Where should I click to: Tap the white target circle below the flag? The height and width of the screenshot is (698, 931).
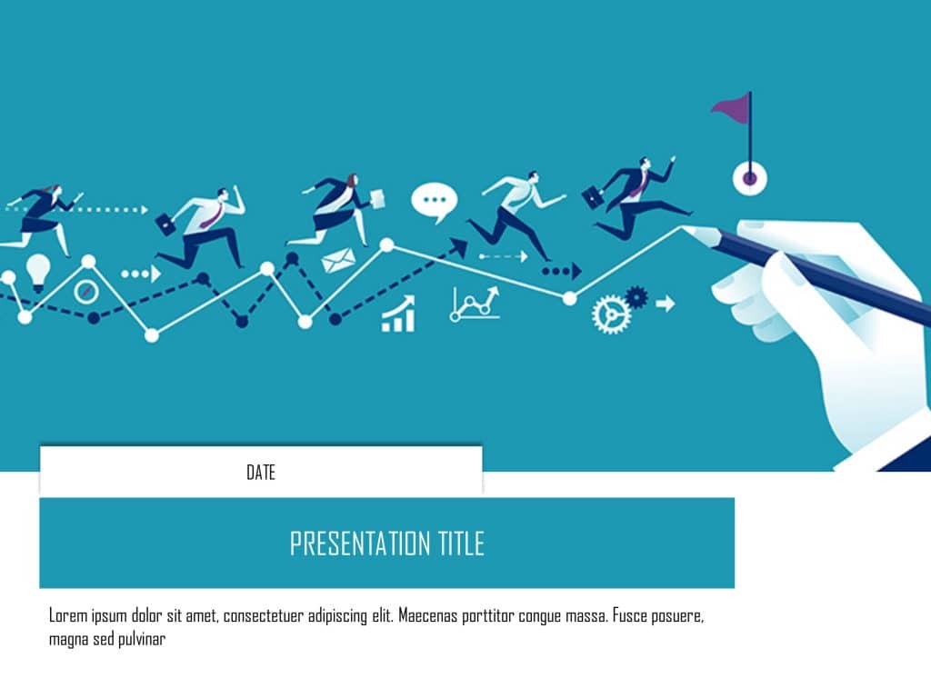point(750,178)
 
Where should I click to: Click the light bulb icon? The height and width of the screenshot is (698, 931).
point(38,271)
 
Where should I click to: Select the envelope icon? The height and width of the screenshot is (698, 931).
point(338,261)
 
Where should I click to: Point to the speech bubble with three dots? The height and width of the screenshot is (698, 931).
point(434,201)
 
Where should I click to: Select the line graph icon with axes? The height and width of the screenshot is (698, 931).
point(476,304)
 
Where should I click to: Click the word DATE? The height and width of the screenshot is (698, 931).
point(261,473)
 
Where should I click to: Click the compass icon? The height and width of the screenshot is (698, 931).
point(86,292)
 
